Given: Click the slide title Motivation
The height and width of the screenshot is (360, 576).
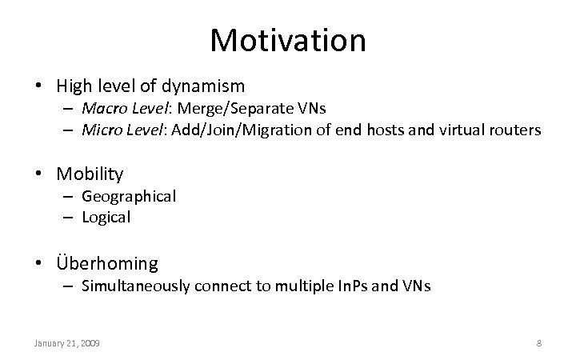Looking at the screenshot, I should tap(288, 39).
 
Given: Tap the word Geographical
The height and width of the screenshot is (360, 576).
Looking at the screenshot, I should tap(129, 196).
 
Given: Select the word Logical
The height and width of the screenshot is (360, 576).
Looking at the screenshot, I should tap(106, 217).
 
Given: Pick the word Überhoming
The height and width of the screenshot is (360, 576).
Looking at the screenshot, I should tap(107, 262).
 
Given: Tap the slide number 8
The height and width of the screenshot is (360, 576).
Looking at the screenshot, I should tap(538, 343).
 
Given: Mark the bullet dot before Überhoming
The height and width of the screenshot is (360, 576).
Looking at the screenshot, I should tap(38, 263).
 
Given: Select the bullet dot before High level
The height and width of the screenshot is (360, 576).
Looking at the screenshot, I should tap(38, 86).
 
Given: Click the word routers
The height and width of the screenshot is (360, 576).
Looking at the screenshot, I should tap(514, 130).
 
